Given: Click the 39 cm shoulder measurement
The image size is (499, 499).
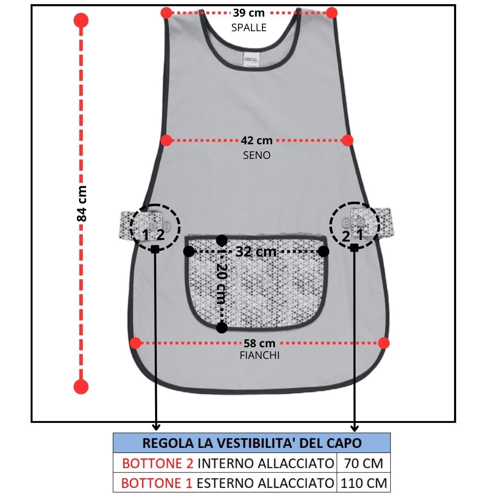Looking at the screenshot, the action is (249, 13).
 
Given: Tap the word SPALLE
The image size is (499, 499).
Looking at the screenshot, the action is (249, 28).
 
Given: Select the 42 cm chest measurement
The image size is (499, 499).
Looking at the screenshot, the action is (257, 141).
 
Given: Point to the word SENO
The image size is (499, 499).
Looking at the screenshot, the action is (257, 156).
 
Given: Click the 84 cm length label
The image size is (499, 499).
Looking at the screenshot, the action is (82, 203).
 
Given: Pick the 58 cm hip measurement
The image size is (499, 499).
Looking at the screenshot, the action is (259, 343).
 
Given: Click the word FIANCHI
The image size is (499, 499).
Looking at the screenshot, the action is (259, 356).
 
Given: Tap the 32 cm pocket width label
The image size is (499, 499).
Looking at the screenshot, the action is (256, 252).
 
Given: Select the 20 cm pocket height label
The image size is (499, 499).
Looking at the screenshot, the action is (222, 284).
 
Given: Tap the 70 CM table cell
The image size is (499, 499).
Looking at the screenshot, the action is (363, 463).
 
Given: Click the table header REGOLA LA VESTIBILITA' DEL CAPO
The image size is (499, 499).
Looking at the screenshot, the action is (252, 443).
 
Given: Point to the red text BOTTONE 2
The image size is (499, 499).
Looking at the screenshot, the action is (158, 464).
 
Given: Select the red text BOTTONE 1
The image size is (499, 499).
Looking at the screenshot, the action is (157, 483).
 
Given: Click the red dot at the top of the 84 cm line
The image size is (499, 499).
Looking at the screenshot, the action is (81, 20).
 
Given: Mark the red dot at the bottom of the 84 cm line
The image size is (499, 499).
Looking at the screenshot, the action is (81, 387).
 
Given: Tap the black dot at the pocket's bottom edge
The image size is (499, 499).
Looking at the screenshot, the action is (222, 328).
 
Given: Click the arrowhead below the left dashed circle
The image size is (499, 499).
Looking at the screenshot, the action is (156, 427).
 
